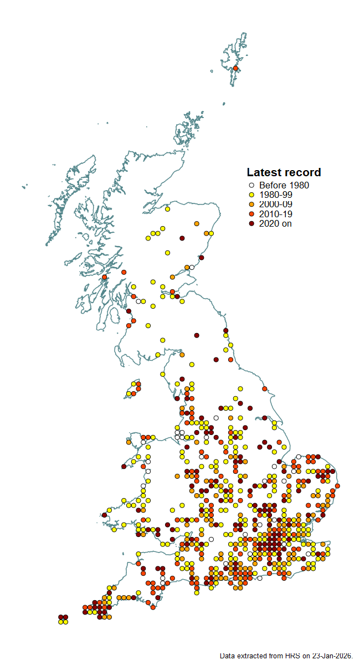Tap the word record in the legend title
click(x=302, y=172)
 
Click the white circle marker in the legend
click(x=251, y=186)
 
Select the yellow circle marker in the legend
click(x=251, y=195)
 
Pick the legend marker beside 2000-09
click(x=251, y=204)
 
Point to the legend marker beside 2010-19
click(x=251, y=214)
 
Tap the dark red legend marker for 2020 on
click(x=251, y=223)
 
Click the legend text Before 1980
click(x=284, y=186)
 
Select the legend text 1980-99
click(x=275, y=195)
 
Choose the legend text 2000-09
click(x=275, y=204)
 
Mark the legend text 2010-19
click(x=275, y=214)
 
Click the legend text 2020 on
click(x=275, y=223)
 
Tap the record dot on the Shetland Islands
click(x=235, y=68)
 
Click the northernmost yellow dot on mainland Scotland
click(x=167, y=209)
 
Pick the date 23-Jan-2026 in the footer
click(x=331, y=656)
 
